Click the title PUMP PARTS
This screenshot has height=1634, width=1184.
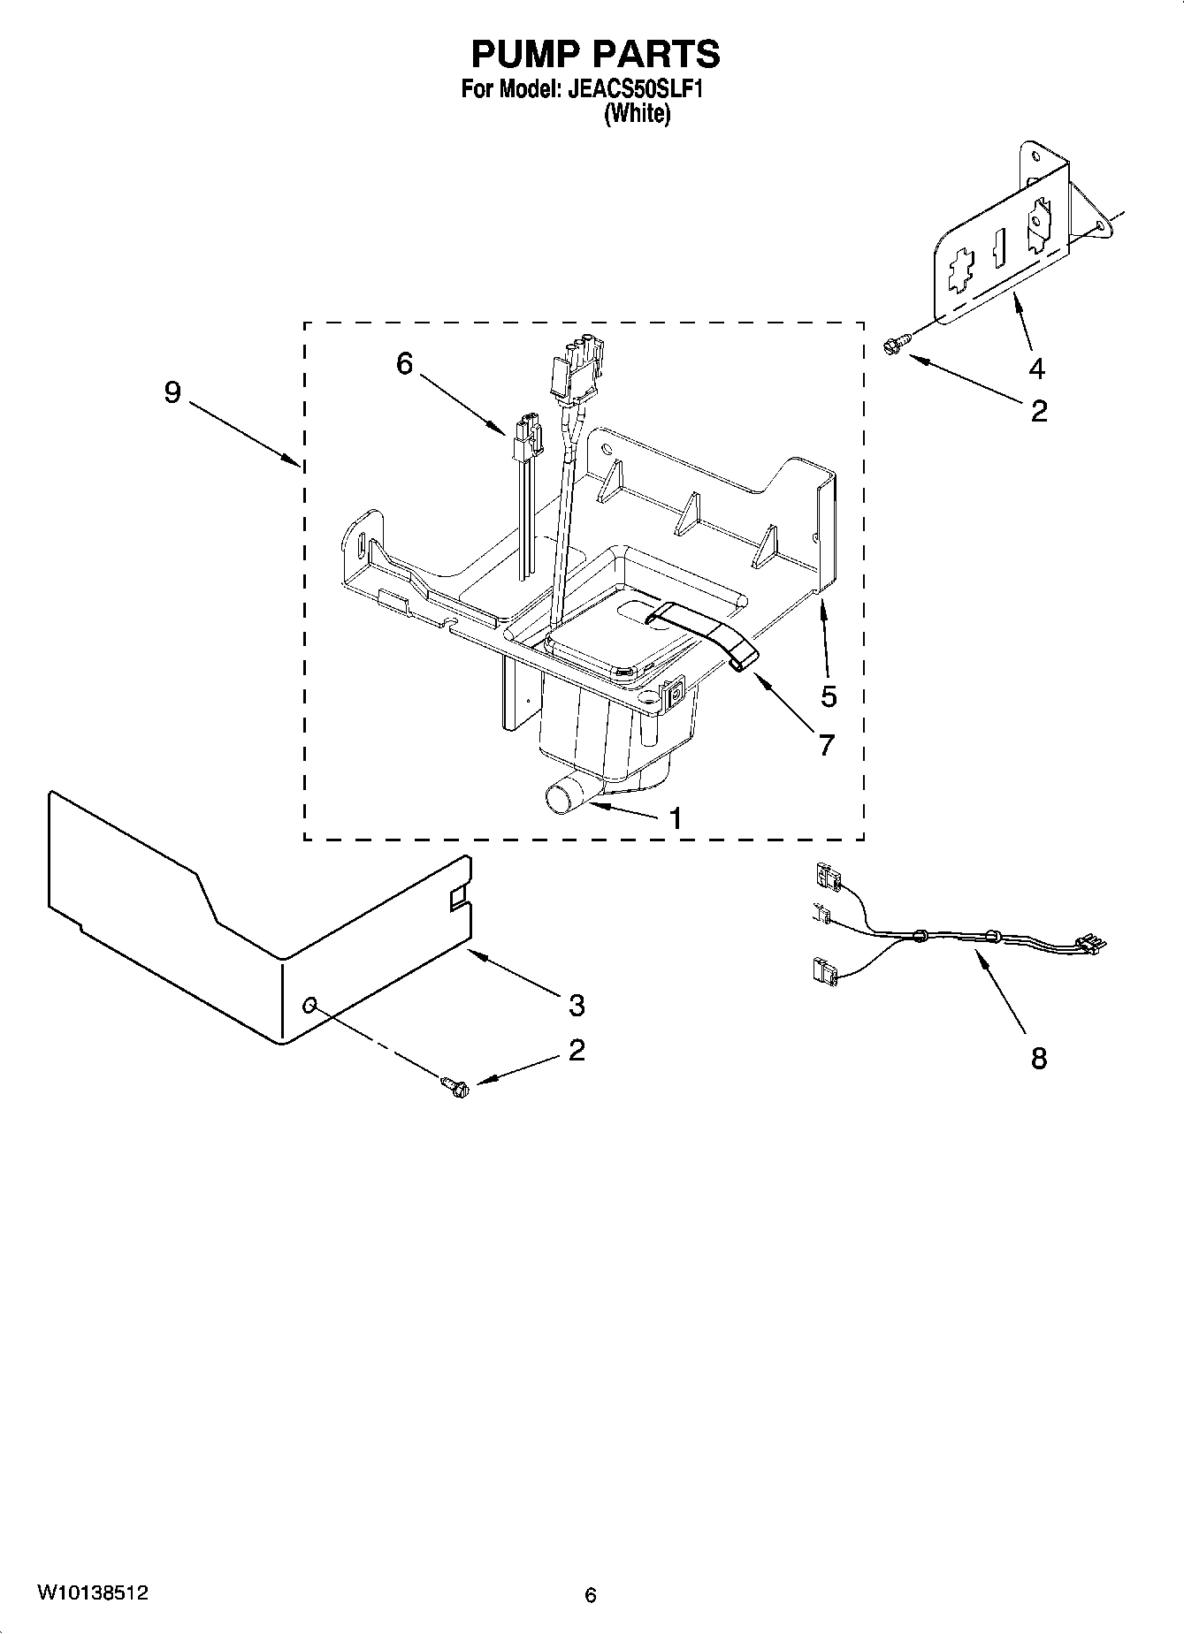[595, 55]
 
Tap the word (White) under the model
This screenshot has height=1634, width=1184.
[637, 114]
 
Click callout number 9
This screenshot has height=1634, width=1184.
[172, 392]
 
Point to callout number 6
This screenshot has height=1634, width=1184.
[404, 363]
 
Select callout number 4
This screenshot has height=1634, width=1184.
[1036, 368]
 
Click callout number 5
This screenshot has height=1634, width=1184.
[829, 696]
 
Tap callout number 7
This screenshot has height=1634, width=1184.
[826, 745]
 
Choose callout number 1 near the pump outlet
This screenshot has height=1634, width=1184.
[676, 819]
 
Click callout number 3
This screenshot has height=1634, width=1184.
[577, 1005]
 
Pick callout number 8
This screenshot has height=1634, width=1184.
[1038, 1058]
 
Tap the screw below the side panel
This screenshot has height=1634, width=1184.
[455, 1087]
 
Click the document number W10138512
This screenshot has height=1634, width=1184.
[92, 1593]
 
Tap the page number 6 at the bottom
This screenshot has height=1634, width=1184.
[591, 1595]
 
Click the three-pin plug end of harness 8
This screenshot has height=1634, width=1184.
[1090, 945]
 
